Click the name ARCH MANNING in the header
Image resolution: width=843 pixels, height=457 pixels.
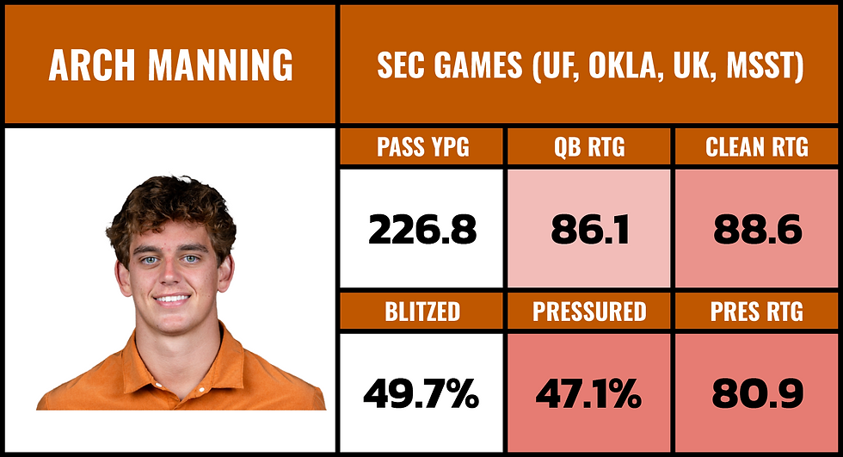click(170, 65)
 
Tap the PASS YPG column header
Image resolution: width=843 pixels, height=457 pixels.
click(422, 147)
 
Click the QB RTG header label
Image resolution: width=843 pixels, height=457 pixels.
click(589, 147)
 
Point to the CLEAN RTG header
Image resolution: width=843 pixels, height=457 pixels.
click(757, 147)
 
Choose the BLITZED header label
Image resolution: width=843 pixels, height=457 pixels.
click(422, 312)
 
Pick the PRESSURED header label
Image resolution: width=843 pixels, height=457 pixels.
click(589, 312)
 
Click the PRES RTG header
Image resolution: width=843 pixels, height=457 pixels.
click(757, 312)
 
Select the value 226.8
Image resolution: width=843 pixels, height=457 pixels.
click(421, 230)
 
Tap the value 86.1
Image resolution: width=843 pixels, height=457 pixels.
click(589, 230)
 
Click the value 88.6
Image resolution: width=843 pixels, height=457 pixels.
click(757, 230)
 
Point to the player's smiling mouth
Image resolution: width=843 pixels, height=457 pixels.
click(172, 300)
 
